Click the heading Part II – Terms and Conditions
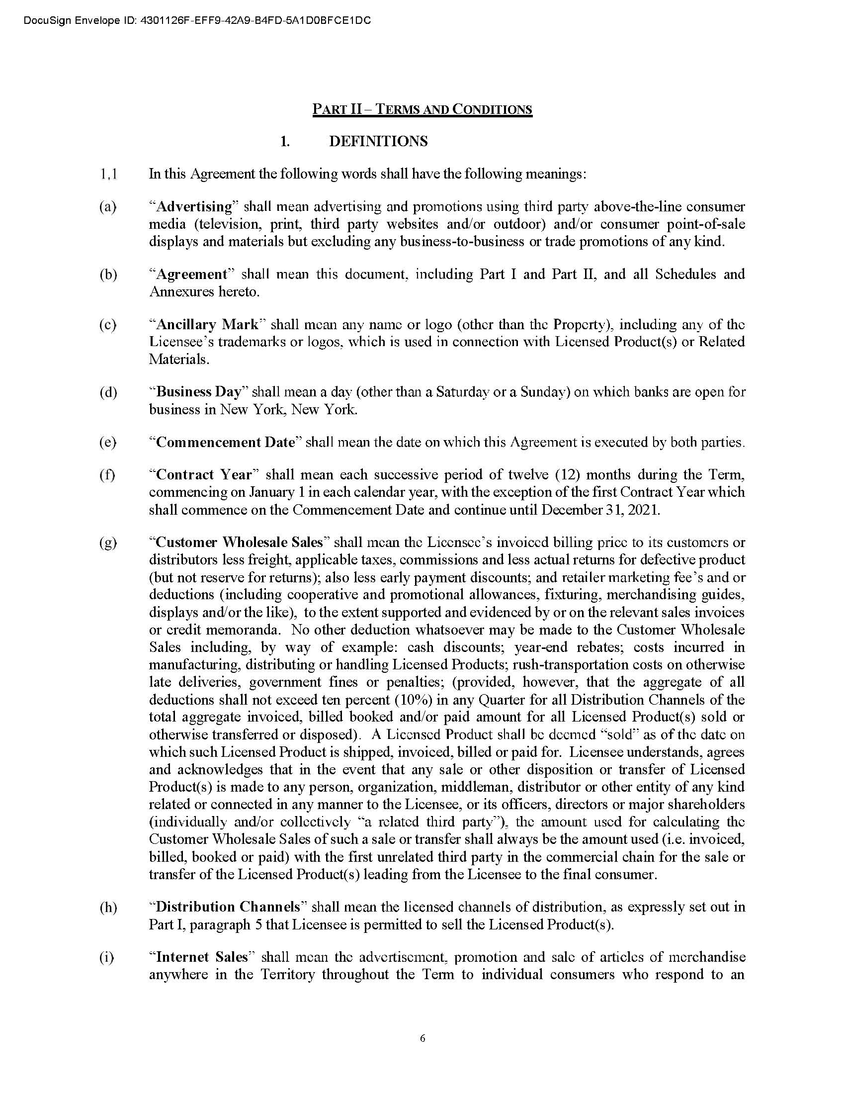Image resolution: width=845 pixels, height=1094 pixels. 422,109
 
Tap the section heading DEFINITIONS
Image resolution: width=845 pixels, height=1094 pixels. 378,142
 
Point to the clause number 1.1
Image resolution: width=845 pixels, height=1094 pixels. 108,175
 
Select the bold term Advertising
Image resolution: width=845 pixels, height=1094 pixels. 195,206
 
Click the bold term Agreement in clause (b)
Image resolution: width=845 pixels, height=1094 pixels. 192,274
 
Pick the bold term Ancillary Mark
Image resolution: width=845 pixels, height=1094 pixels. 207,325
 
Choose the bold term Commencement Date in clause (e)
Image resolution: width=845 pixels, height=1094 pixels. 226,442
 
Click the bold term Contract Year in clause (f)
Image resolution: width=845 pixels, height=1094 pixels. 204,474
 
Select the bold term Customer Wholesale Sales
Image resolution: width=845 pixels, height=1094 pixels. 239,542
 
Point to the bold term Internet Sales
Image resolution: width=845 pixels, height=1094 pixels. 202,957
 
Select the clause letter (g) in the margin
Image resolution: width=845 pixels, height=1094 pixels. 108,543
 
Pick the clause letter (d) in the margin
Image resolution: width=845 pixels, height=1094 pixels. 108,392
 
